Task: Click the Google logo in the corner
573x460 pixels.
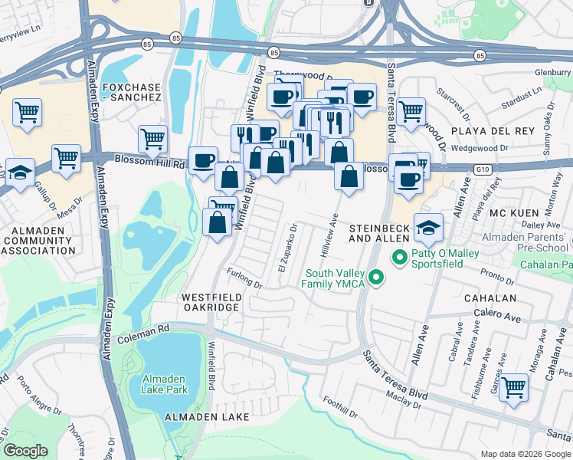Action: [25, 451]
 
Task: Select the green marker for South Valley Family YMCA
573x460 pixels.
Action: [375, 277]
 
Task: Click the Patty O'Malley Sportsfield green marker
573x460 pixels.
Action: [398, 258]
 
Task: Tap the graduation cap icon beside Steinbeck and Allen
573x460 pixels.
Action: [428, 225]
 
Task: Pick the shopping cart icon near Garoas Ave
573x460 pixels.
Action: [512, 387]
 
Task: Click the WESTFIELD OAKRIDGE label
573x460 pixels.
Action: [211, 302]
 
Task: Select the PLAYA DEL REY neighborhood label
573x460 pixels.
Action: [492, 131]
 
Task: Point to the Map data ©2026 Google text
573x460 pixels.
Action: [525, 454]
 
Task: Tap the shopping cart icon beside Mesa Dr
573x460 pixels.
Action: [67, 158]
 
